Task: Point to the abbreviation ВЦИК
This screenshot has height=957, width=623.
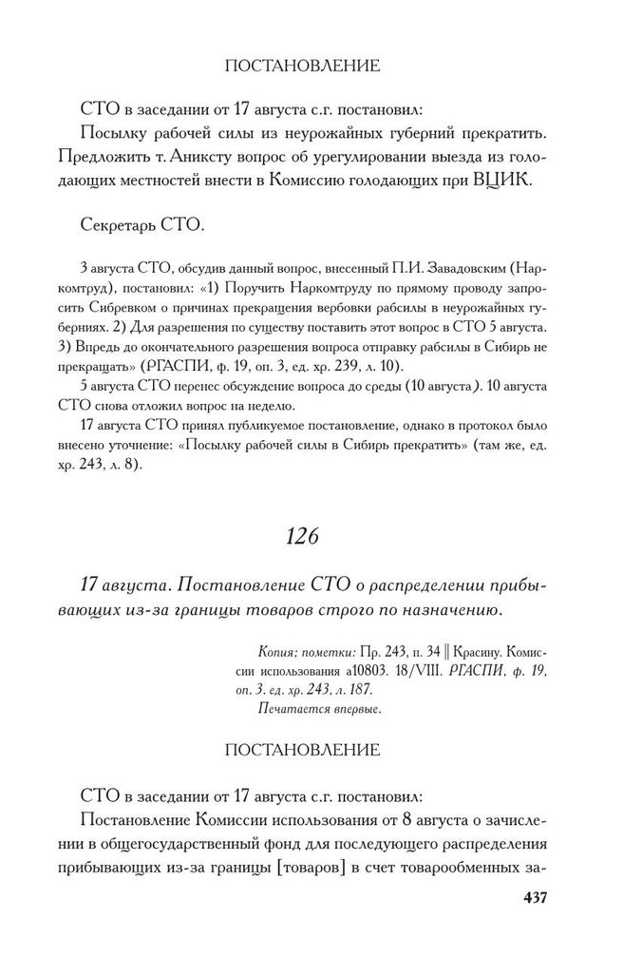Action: point(514,182)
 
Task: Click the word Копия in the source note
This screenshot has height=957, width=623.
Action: point(276,655)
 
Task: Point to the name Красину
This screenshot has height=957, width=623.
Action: point(464,655)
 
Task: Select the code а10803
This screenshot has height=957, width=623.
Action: point(359,672)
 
